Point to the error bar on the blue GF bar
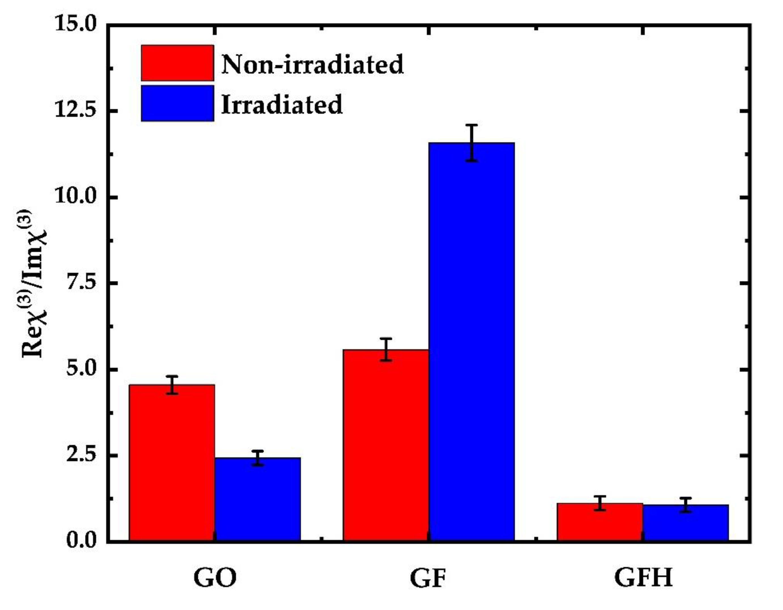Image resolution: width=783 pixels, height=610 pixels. coord(472,143)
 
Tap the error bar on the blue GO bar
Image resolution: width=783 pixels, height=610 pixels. coord(257,458)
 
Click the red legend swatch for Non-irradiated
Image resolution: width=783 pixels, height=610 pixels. coord(177,63)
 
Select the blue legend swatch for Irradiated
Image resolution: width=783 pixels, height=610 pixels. coord(177,103)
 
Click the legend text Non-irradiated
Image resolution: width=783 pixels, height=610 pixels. coord(312,65)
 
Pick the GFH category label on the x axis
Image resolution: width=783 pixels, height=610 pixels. coord(644,578)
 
